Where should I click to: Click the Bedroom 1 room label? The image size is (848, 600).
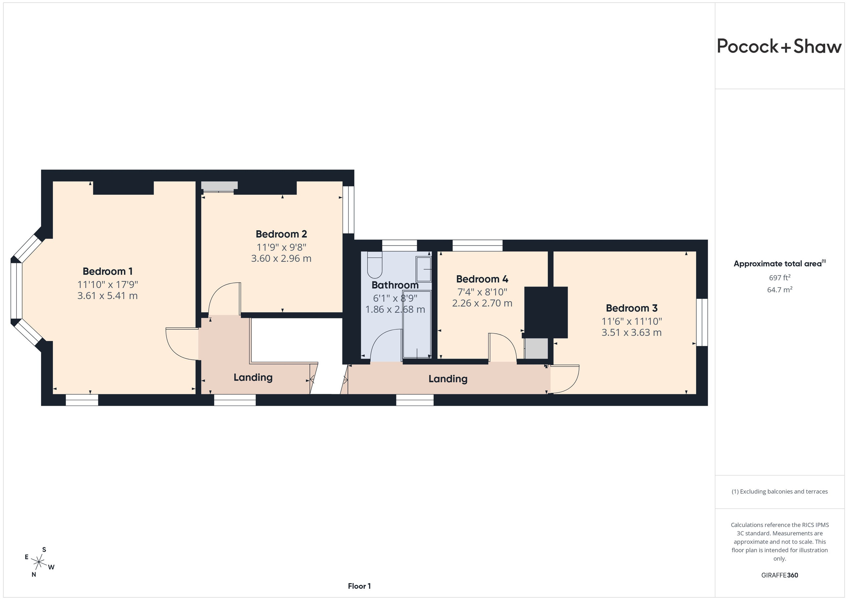point(107,272)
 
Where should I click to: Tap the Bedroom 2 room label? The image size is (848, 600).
point(282,234)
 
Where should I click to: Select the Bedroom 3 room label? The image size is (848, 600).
point(632,308)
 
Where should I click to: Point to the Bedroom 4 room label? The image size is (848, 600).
point(482,279)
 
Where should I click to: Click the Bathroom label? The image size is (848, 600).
point(395,285)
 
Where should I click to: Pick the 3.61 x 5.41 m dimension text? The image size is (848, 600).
point(107,296)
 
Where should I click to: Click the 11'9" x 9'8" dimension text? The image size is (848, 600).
point(282,247)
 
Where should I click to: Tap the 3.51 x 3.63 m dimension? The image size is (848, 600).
point(632,333)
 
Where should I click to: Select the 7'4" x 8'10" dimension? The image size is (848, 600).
point(482,292)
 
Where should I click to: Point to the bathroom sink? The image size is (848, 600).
point(424,269)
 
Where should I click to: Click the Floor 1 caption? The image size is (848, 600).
point(359,586)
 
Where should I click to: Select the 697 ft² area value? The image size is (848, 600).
point(780,277)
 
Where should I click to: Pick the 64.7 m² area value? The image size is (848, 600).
point(780,290)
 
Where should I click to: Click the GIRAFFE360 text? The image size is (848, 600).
point(780,575)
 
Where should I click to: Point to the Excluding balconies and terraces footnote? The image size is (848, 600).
point(780,491)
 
